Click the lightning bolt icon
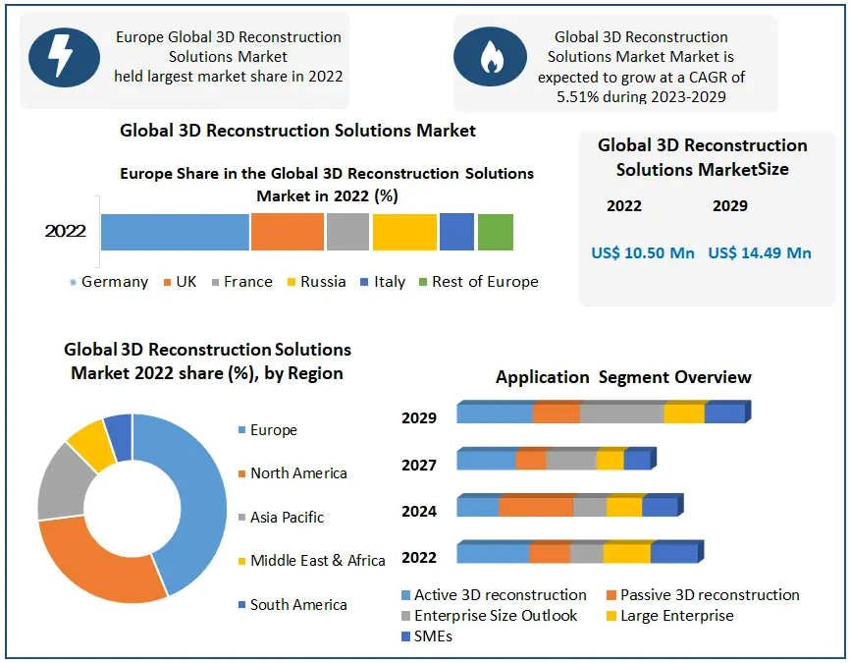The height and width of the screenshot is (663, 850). point(63,56)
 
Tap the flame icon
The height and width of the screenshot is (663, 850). point(489,58)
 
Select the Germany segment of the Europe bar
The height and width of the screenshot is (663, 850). point(175,232)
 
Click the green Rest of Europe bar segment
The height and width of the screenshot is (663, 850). point(496,232)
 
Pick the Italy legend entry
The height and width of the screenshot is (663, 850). point(382,282)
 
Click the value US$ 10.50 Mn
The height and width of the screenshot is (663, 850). point(643,253)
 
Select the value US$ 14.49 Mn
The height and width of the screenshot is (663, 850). point(760,253)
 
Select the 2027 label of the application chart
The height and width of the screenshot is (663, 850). point(419,465)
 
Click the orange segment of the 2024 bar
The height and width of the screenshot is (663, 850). point(535,507)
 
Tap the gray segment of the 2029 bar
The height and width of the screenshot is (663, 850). point(621,414)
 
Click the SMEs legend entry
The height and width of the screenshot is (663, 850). point(432,636)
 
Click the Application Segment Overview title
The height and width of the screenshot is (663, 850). point(623,377)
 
